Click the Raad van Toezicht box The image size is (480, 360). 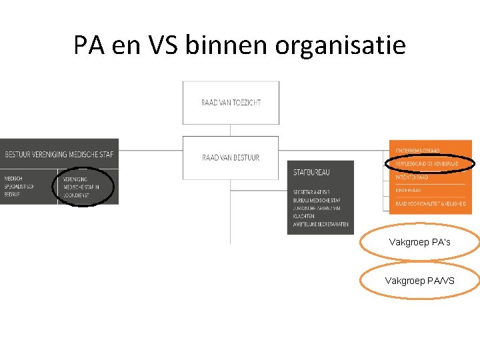(231, 103)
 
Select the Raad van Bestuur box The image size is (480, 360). (231, 158)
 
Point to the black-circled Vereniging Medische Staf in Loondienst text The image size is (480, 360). (83, 187)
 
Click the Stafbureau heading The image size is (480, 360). (311, 173)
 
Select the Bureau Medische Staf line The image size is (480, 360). (317, 200)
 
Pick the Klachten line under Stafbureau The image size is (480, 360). (305, 216)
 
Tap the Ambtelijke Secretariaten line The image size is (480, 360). (321, 224)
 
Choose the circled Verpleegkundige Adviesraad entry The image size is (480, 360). (427, 164)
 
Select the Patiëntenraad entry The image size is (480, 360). (413, 177)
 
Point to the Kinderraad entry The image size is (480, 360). (409, 190)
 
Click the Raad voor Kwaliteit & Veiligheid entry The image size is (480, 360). (429, 203)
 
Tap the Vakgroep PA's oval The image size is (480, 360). (419, 242)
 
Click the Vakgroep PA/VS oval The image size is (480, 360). (419, 281)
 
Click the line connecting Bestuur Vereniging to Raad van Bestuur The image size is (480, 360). (151, 151)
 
